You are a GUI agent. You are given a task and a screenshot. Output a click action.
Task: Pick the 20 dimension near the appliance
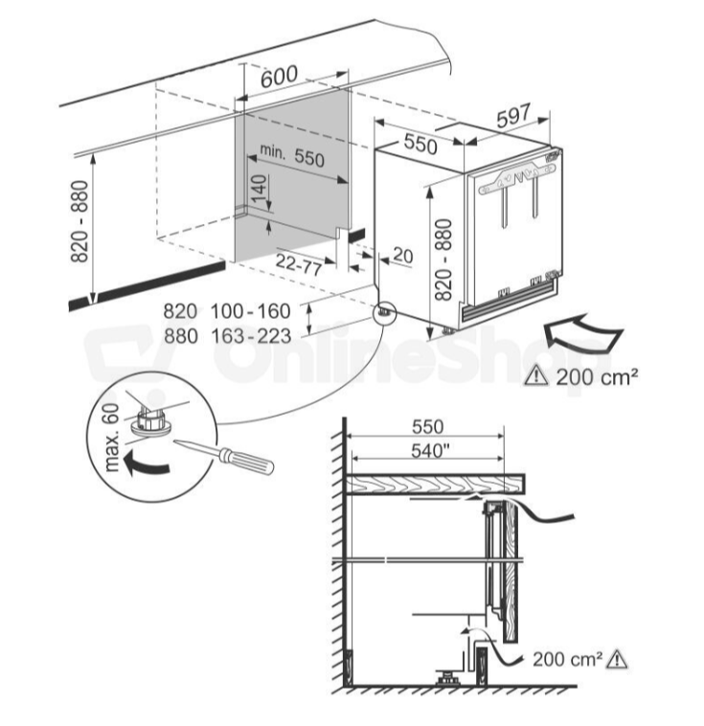pos(402,256)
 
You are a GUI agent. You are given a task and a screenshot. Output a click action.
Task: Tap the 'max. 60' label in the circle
pos(108,437)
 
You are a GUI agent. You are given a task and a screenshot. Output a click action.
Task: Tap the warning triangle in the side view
pos(617,659)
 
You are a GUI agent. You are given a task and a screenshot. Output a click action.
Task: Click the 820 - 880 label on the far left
pos(79,221)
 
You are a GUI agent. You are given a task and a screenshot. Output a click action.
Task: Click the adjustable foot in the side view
pos(446,676)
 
